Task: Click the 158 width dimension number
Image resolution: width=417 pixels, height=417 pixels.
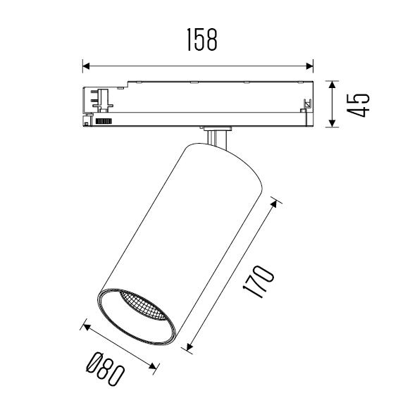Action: pos(201,42)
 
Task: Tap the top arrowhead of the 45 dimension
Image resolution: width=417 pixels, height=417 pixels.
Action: pos(332,84)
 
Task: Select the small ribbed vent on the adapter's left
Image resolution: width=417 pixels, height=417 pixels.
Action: pos(104,121)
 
